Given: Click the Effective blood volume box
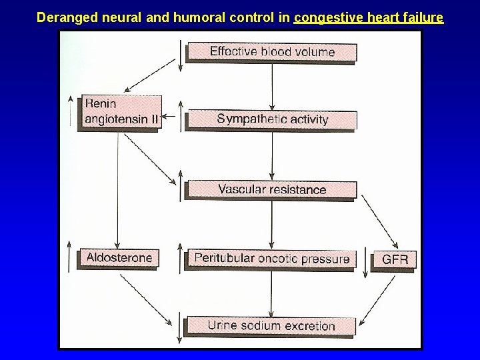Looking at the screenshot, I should [271, 51].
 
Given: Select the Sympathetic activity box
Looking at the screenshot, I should [272, 119].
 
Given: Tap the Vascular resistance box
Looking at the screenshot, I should [272, 189].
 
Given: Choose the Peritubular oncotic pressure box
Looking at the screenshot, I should [271, 259].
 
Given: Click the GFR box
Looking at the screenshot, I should [395, 259].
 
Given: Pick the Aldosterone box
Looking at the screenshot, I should [119, 257].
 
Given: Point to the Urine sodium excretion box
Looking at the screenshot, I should [271, 326].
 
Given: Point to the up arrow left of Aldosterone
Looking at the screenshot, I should [71, 254].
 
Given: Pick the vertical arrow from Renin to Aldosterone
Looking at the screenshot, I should [118, 189].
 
